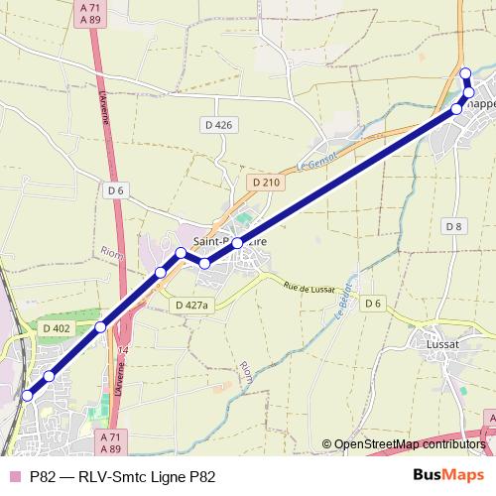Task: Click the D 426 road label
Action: click(x=216, y=125)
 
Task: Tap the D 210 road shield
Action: click(x=267, y=183)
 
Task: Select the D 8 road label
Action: click(x=454, y=227)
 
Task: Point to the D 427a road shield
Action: click(x=190, y=306)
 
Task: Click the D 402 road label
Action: click(x=57, y=328)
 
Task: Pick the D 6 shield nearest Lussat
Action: click(x=373, y=303)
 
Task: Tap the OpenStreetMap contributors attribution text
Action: click(x=404, y=444)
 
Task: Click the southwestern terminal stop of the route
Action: click(x=27, y=396)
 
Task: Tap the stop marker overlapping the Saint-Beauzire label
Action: click(x=238, y=242)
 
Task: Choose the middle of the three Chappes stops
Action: click(x=469, y=92)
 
